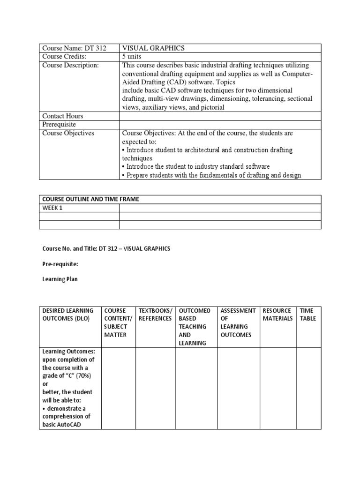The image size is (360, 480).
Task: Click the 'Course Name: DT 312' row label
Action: pyautogui.click(x=74, y=48)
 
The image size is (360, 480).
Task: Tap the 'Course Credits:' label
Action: pyautogui.click(x=65, y=57)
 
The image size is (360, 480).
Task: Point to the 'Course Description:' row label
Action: pyautogui.click(x=70, y=65)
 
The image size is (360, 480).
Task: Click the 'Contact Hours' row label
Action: pyautogui.click(x=62, y=116)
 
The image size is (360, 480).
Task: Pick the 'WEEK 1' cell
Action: pyautogui.click(x=52, y=208)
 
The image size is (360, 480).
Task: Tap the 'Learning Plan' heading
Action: pyautogui.click(x=60, y=279)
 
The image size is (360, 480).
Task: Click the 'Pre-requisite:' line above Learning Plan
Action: pyautogui.click(x=60, y=264)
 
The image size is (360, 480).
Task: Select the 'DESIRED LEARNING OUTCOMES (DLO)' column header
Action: pyautogui.click(x=68, y=315)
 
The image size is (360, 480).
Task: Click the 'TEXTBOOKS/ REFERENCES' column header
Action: pyautogui.click(x=155, y=315)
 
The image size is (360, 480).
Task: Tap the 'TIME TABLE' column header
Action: pyautogui.click(x=308, y=315)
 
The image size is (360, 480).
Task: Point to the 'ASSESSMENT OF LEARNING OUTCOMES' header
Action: pyautogui.click(x=238, y=322)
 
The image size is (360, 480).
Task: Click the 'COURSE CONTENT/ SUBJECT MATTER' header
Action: pyautogui.click(x=116, y=322)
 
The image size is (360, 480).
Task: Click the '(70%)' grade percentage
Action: pyautogui.click(x=83, y=376)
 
